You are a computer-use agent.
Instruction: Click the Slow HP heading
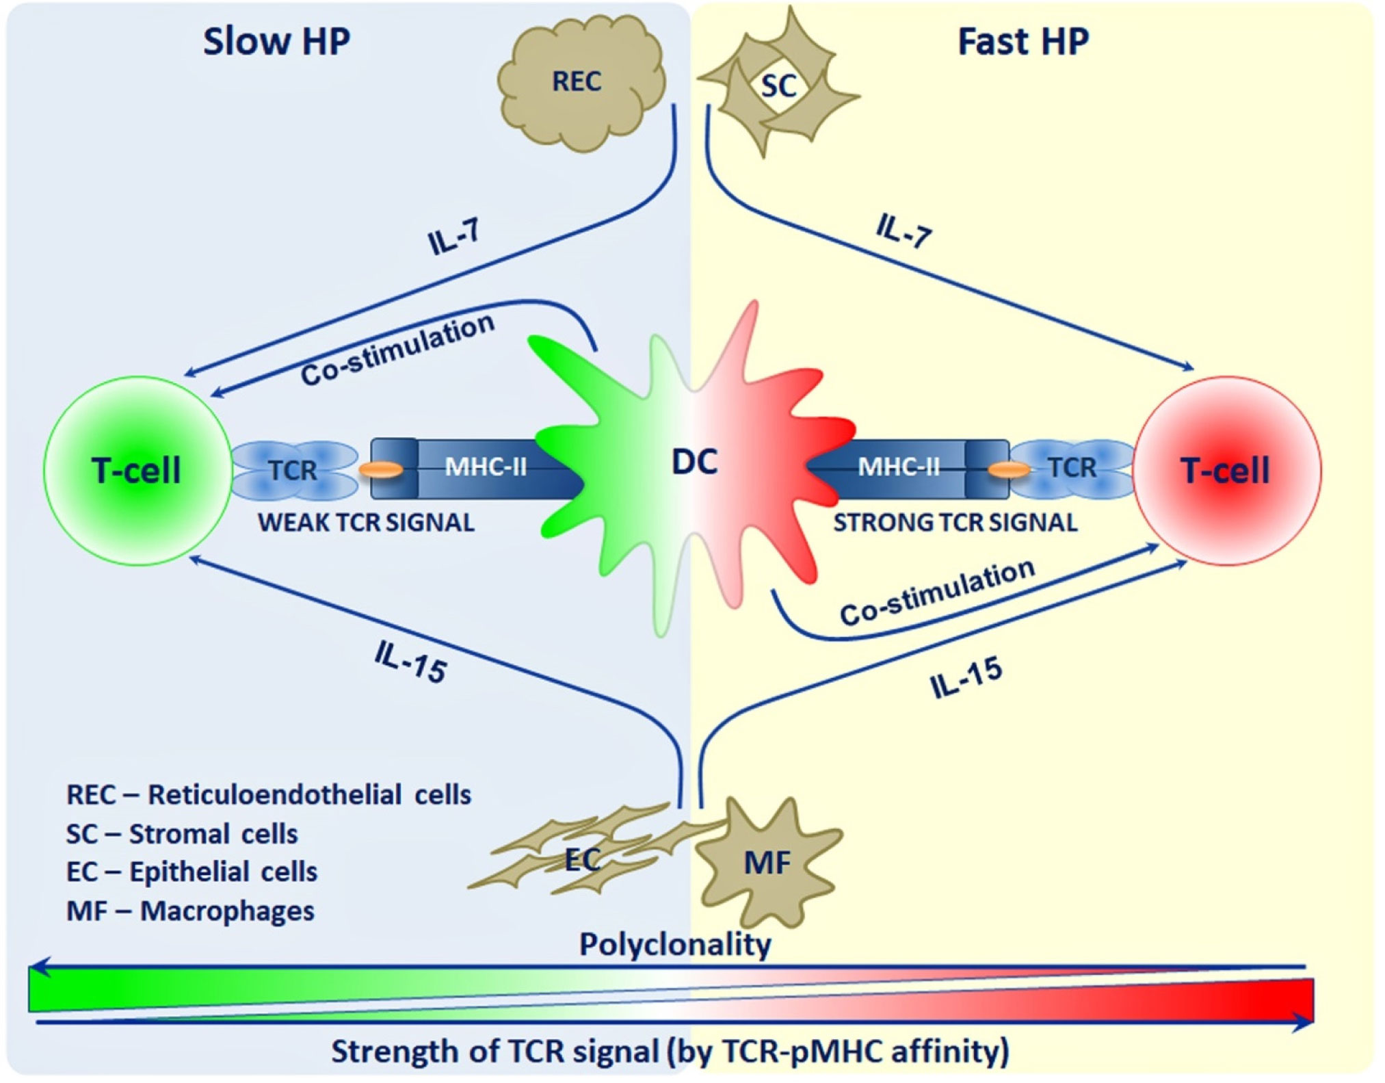pyautogui.click(x=276, y=42)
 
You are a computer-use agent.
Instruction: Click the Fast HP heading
pyautogui.click(x=1023, y=42)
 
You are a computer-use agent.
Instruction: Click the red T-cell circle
pyautogui.click(x=1227, y=471)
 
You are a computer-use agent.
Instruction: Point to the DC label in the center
pyautogui.click(x=694, y=462)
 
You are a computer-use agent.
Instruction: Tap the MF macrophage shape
pyautogui.click(x=767, y=863)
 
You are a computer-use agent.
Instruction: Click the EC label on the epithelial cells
pyautogui.click(x=583, y=860)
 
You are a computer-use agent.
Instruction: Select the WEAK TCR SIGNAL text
pyautogui.click(x=366, y=523)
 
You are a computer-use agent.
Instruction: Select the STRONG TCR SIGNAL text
pyautogui.click(x=955, y=523)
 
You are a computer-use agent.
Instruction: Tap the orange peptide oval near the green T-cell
pyautogui.click(x=381, y=470)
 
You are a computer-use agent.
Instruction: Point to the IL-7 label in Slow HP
pyautogui.click(x=454, y=238)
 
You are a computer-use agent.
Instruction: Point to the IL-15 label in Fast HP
pyautogui.click(x=966, y=677)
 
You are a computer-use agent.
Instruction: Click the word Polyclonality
pyautogui.click(x=675, y=945)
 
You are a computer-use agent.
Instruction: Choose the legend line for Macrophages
pyautogui.click(x=190, y=911)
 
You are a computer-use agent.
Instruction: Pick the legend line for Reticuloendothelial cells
pyautogui.click(x=269, y=795)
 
